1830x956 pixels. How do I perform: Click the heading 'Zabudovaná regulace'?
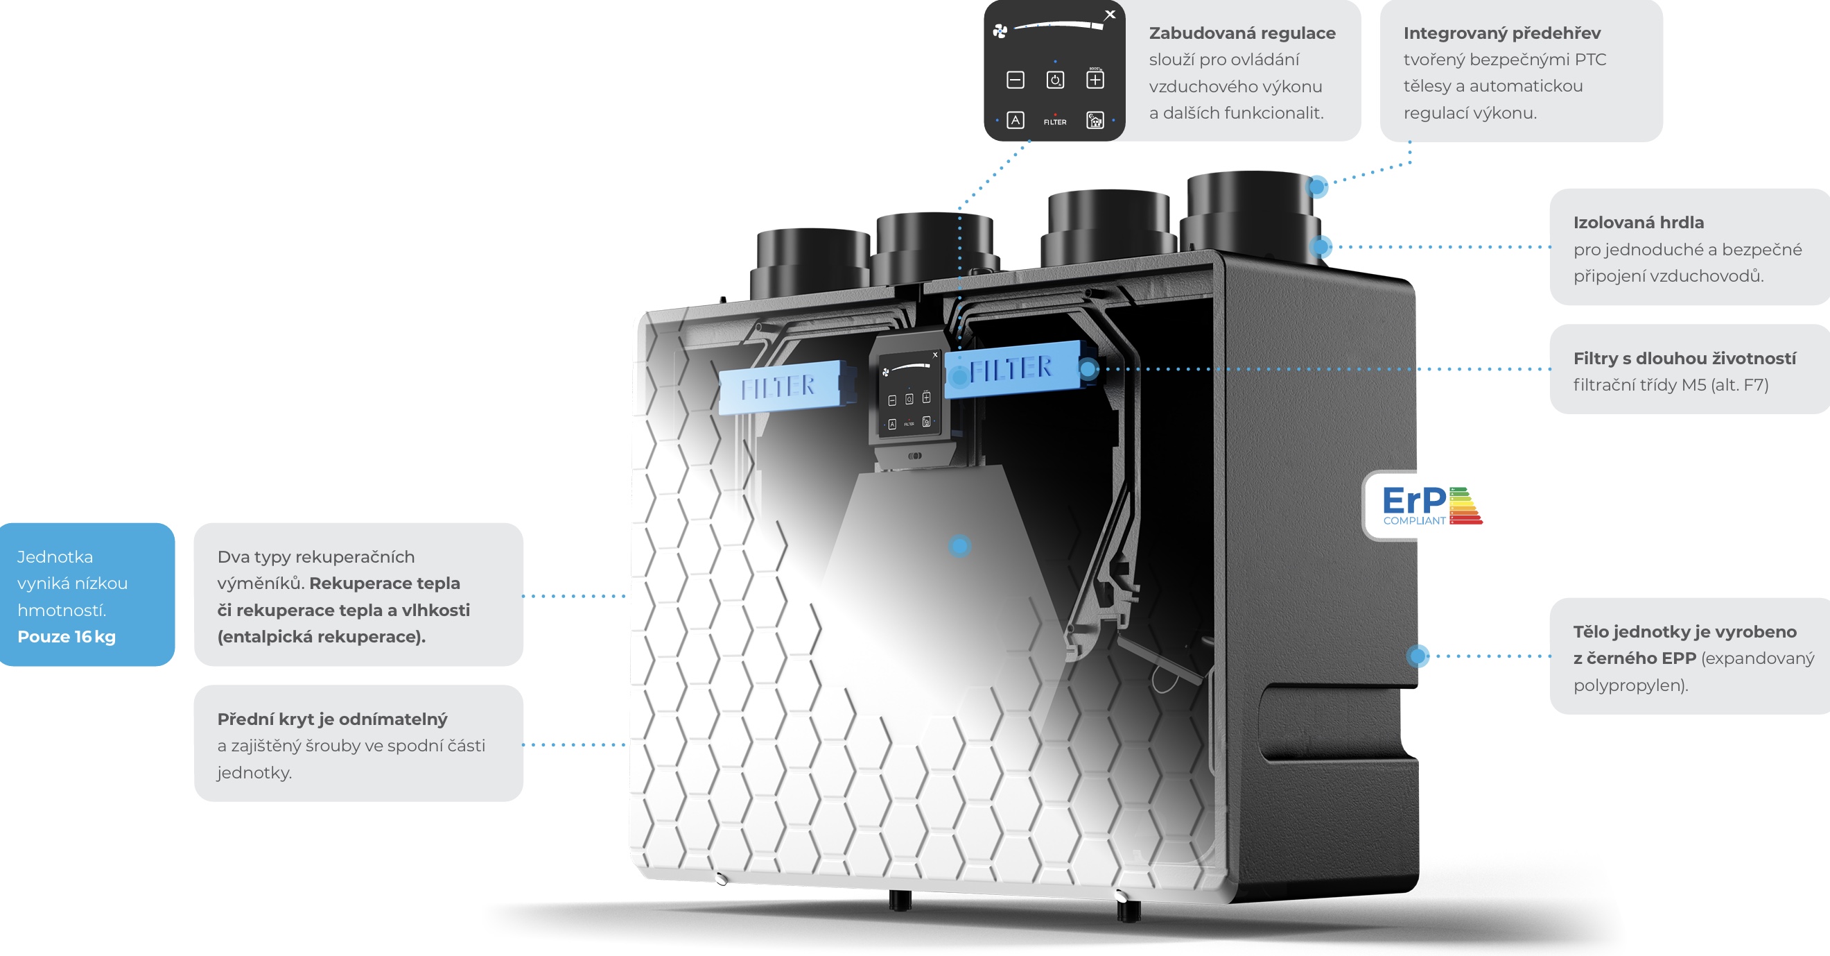[1241, 33]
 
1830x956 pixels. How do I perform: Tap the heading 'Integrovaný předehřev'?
[1502, 33]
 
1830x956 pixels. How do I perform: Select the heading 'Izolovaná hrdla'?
[1637, 223]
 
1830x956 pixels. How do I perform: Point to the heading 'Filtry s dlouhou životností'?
[1684, 358]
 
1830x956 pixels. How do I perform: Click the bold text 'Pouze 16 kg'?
[66, 637]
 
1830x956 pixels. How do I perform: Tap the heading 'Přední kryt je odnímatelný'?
[332, 719]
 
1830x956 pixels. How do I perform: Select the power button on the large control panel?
[1055, 80]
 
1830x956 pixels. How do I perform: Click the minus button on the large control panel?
[1016, 80]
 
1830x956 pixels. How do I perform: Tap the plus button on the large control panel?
[1095, 80]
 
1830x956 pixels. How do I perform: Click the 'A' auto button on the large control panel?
[1016, 120]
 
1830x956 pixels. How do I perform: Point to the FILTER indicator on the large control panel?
[1055, 121]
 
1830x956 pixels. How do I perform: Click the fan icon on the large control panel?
[1000, 31]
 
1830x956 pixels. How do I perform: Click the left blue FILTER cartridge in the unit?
[779, 386]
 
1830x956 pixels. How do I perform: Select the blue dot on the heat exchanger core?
[960, 546]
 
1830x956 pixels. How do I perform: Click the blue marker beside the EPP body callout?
[1418, 656]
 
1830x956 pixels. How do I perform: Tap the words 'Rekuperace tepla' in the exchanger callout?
[384, 583]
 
